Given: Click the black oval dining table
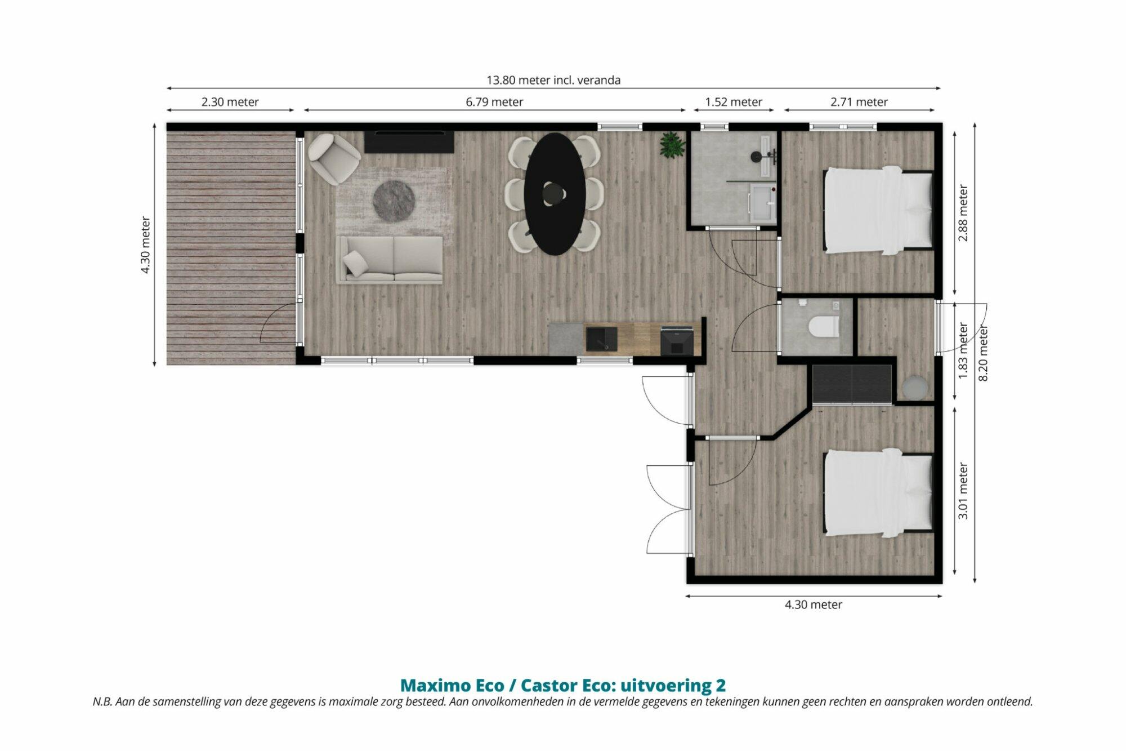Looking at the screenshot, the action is tap(555, 194).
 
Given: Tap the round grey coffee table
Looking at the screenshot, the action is tap(394, 201).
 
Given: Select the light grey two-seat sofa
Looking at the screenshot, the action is tap(390, 260).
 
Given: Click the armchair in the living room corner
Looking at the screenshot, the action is tap(334, 158).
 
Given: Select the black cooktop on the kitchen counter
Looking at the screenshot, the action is tap(677, 340).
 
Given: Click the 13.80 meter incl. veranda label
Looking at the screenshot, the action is tap(553, 80).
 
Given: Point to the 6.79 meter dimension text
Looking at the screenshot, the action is tap(494, 102).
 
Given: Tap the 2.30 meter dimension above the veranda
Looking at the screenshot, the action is tap(230, 102).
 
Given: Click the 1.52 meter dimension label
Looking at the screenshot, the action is tap(734, 102).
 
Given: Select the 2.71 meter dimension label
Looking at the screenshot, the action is tap(859, 102).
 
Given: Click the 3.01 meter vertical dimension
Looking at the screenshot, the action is tap(963, 491).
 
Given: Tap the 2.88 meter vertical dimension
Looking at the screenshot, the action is tap(963, 213).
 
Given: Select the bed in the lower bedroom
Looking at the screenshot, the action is tap(878, 493).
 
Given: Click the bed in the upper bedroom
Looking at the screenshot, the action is tap(878, 210).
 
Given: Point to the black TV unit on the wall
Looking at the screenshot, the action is tap(409, 142).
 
